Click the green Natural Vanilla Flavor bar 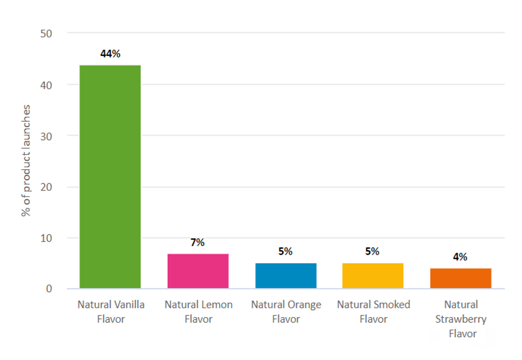tap(110, 177)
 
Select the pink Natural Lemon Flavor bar tap(198, 271)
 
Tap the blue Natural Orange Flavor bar tap(286, 276)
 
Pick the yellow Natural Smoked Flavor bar tap(373, 276)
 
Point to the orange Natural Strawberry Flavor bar tap(461, 278)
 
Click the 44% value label tap(110, 54)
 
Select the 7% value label tap(197, 243)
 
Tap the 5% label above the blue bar tap(285, 252)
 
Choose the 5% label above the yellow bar tap(372, 252)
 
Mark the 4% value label tap(460, 257)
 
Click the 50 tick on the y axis tap(46, 34)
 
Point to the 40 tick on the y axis tap(46, 85)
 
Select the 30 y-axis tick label tap(46, 136)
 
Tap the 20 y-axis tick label tap(46, 187)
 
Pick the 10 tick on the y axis tap(46, 238)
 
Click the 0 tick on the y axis tap(49, 289)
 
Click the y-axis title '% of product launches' tap(26, 160)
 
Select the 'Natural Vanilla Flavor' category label tap(111, 311)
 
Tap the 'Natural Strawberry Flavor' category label tap(461, 319)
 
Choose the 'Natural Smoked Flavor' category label tap(373, 311)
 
